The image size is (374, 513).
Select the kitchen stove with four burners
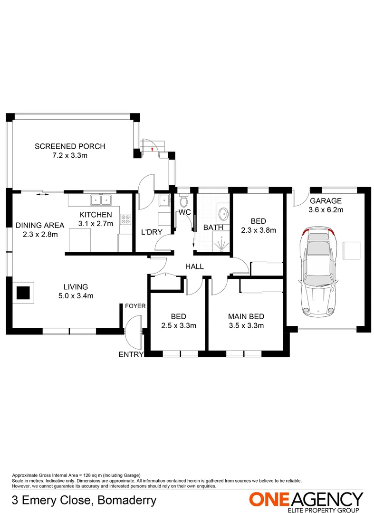click(x=126, y=219)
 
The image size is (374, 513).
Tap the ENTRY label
click(x=131, y=354)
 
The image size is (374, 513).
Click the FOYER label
click(x=135, y=306)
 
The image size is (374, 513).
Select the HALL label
click(x=195, y=266)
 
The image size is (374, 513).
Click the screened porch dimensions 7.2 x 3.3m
click(x=70, y=155)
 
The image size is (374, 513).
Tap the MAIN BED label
click(x=246, y=317)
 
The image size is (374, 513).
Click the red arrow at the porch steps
click(x=152, y=150)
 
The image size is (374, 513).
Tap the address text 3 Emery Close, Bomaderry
click(x=84, y=500)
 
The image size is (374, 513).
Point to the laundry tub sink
click(x=164, y=199)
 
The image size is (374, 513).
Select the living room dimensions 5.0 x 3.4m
click(x=76, y=295)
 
